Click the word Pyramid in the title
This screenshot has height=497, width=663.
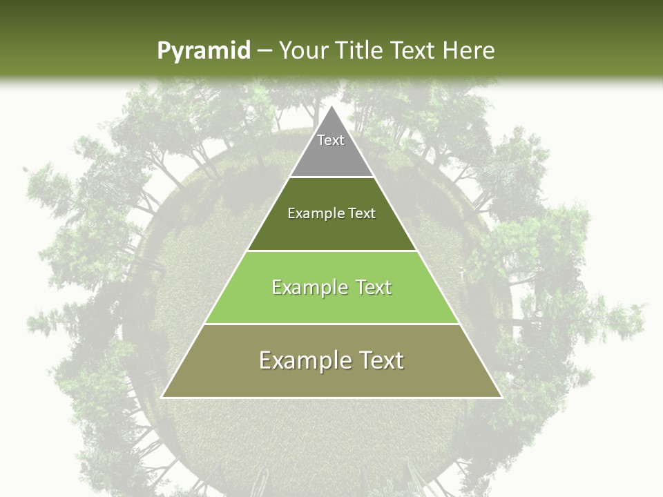203,51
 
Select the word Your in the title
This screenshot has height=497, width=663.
302,51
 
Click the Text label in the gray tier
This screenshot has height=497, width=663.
331,141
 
